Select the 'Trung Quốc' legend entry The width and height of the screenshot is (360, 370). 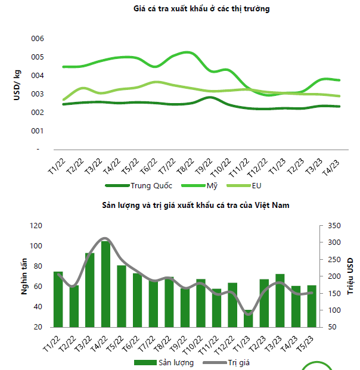click(x=149, y=185)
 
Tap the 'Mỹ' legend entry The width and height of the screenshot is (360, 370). click(x=212, y=185)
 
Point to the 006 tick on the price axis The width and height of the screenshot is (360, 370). click(x=38, y=38)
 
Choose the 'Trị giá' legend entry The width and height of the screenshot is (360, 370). click(x=237, y=362)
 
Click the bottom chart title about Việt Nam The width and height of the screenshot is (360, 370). click(x=196, y=205)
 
